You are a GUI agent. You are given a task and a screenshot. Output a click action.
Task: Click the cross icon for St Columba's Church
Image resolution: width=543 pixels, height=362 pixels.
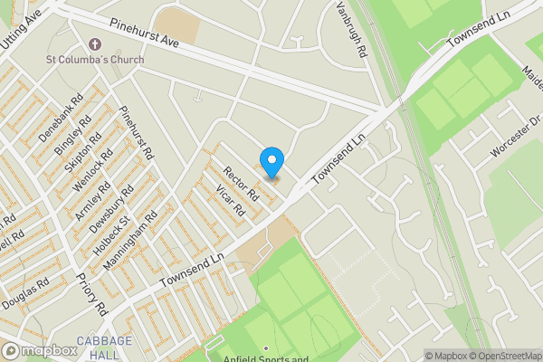click(x=94, y=43)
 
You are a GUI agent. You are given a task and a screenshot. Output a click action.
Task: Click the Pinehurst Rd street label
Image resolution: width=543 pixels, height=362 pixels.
click(x=137, y=131)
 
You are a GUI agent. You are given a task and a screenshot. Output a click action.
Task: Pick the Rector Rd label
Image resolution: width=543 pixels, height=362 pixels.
click(x=242, y=184)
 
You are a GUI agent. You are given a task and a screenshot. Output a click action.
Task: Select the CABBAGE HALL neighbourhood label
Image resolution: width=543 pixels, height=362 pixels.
click(x=104, y=347)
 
